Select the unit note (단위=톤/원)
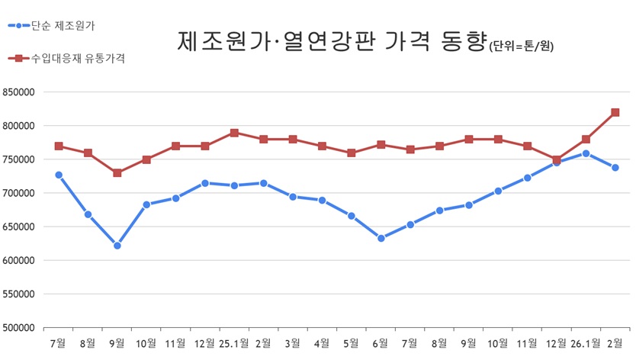tap(522, 47)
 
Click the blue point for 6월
tap(381, 238)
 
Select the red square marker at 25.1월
tap(234, 133)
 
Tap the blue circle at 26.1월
tap(586, 153)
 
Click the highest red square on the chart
tap(615, 112)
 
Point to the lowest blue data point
tap(117, 246)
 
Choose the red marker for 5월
tap(352, 153)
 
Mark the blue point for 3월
tap(293, 197)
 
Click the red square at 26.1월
tap(586, 140)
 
